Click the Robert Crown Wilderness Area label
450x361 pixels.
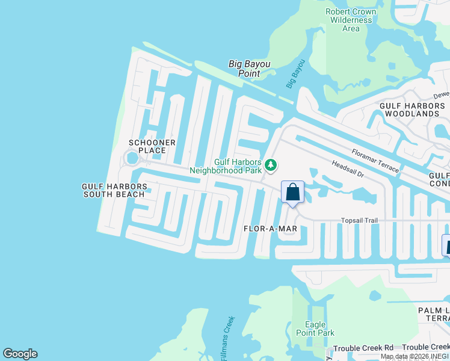(x=351, y=20)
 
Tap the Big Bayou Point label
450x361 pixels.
(x=244, y=69)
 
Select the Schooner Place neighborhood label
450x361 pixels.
(x=152, y=146)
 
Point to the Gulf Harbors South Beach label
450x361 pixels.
(x=113, y=191)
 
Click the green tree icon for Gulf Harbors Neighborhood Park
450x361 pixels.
(x=271, y=165)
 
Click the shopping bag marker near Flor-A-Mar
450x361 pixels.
(x=292, y=193)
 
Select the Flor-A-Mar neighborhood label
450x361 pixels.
(x=271, y=229)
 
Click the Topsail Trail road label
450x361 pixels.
(x=359, y=220)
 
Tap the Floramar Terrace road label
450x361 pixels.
(x=375, y=161)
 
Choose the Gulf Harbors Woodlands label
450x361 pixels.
(x=413, y=110)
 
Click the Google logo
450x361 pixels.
(x=20, y=354)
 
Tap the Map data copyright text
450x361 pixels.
(x=415, y=357)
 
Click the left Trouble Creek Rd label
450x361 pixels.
(x=363, y=348)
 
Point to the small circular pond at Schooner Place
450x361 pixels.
(x=131, y=159)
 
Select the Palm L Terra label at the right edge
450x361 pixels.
(x=434, y=313)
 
